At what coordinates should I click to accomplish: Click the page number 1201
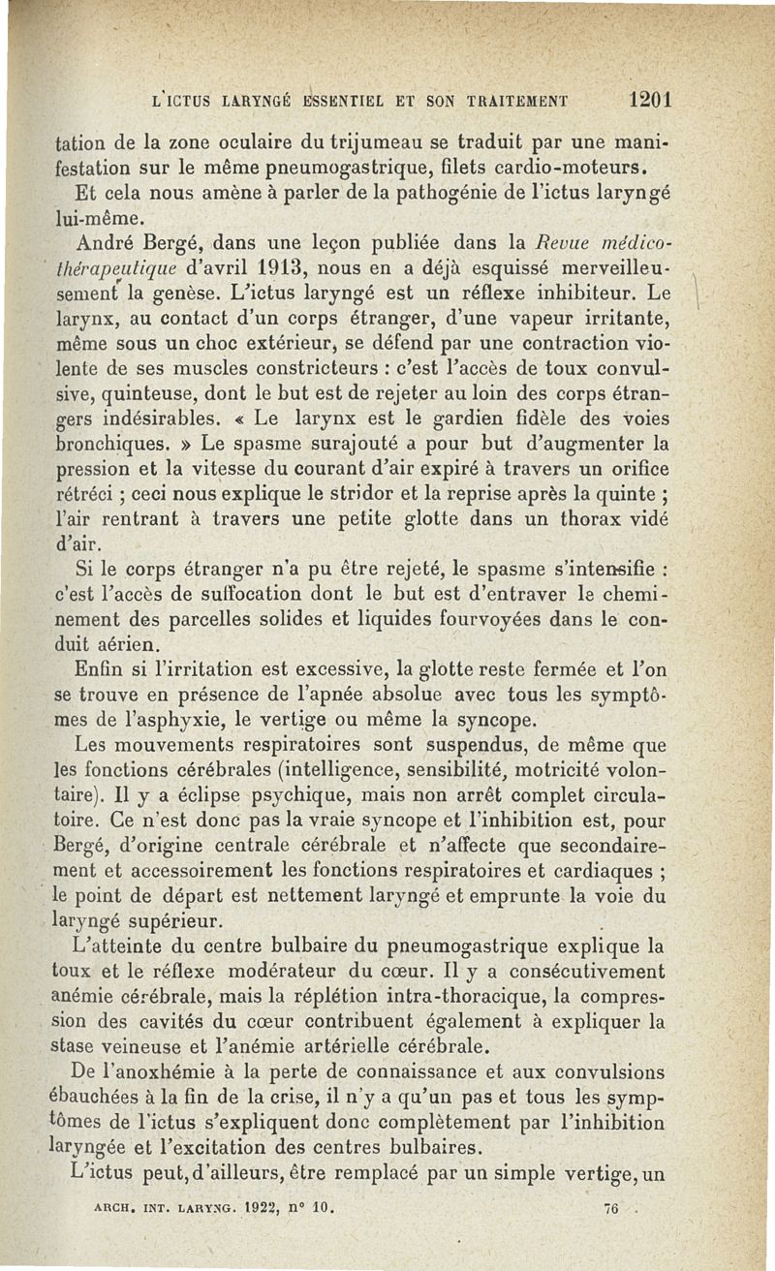[650, 100]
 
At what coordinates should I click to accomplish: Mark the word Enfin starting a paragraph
[100, 668]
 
